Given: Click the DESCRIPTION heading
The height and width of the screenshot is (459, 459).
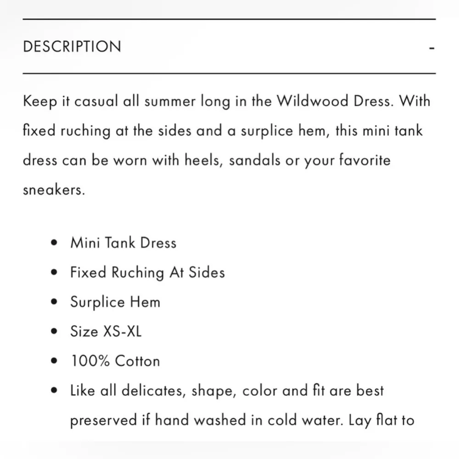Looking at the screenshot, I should click(x=72, y=47).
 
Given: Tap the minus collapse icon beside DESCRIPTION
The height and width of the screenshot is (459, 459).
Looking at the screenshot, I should click(x=431, y=47).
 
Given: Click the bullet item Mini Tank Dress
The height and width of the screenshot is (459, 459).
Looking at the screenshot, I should click(x=123, y=243).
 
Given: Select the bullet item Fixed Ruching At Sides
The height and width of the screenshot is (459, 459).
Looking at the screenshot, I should click(x=147, y=273).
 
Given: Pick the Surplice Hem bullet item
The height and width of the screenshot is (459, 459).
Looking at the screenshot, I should click(x=115, y=302).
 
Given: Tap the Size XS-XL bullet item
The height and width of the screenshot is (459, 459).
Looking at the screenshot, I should click(x=106, y=331).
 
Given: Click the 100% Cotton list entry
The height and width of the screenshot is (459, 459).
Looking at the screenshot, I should click(x=115, y=361).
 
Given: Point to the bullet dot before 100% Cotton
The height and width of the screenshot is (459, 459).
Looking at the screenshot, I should click(x=55, y=361).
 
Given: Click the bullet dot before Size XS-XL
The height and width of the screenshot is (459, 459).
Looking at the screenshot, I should click(x=55, y=332).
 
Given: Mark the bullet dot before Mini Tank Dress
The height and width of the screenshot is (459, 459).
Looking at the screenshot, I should click(x=55, y=243).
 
